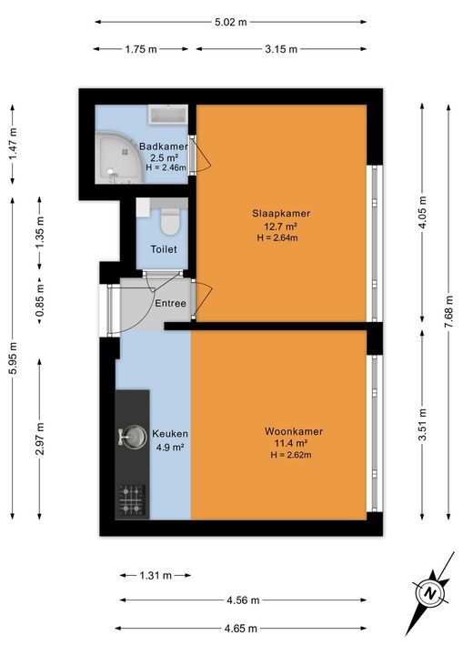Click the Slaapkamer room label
281,214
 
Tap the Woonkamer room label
293,431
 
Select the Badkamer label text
164,146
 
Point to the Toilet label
164,249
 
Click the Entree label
170,303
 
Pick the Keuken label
170,434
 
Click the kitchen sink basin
133,437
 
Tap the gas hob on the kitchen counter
132,500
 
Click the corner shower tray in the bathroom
119,158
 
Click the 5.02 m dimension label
231,22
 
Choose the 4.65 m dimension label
241,628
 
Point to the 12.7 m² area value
280,227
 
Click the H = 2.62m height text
291,455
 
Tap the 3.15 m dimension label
281,49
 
